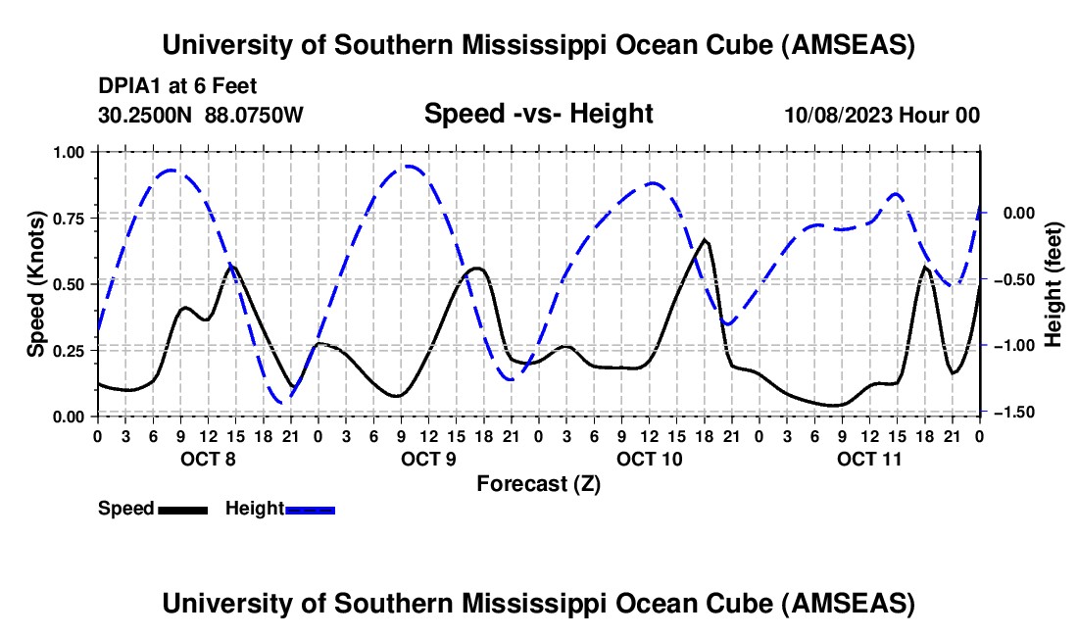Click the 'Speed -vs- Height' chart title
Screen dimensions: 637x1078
(538, 114)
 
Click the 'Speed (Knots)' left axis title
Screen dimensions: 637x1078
(35, 284)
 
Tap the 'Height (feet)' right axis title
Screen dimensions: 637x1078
(1053, 284)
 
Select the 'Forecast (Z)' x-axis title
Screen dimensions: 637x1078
(538, 483)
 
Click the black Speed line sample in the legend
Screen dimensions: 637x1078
(182, 509)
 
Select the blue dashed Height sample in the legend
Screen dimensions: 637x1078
(311, 509)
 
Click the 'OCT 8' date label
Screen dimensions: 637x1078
(207, 459)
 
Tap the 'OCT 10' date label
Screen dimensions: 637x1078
(649, 459)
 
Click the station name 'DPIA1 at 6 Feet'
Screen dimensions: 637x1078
(177, 86)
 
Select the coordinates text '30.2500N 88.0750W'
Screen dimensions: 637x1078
(201, 115)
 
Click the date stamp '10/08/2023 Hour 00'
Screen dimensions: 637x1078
(882, 115)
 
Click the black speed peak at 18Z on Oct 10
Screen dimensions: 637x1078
(704, 239)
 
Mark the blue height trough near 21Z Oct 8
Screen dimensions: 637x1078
(282, 402)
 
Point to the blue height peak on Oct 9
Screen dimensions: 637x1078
(407, 167)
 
